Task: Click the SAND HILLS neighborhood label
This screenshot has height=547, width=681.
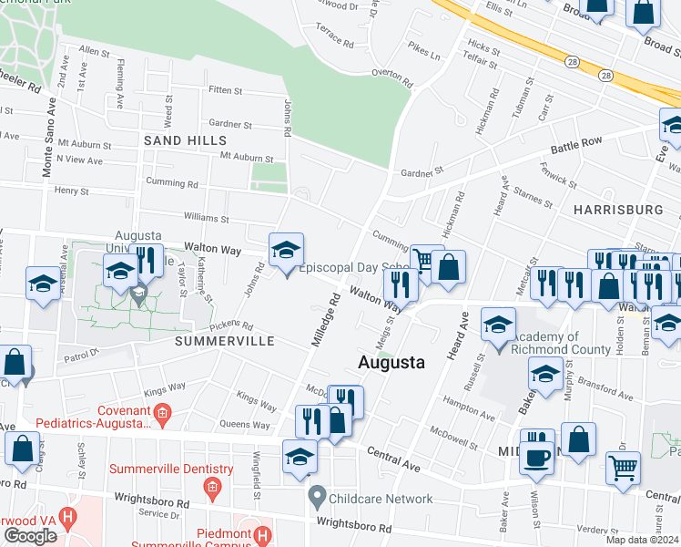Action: (x=185, y=140)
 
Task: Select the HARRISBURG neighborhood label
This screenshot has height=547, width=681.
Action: (x=618, y=210)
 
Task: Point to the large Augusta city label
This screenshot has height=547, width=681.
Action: (x=391, y=362)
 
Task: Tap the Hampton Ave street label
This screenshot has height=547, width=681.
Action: (x=468, y=402)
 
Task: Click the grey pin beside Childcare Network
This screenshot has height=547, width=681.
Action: (x=317, y=499)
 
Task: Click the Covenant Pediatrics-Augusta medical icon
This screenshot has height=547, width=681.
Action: (x=162, y=417)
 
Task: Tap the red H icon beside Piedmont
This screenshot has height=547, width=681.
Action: (x=263, y=534)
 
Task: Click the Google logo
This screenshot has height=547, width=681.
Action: (x=30, y=536)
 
